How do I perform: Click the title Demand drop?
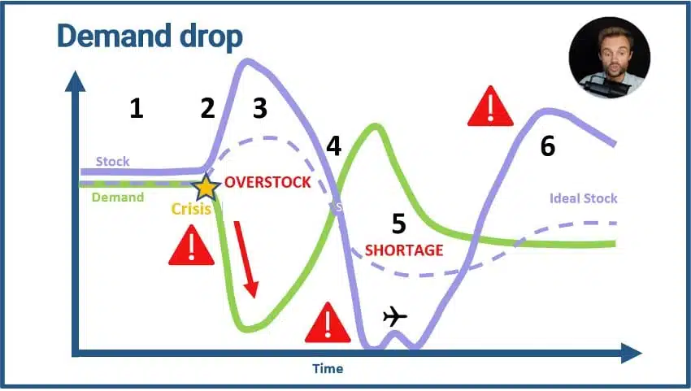(150, 37)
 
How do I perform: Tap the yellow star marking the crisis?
(206, 188)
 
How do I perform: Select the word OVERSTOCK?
(267, 182)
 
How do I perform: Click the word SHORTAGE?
(404, 250)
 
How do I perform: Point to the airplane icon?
(395, 316)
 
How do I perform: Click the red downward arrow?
(246, 259)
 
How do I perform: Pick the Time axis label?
(328, 368)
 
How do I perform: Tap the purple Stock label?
(113, 161)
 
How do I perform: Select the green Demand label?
(118, 197)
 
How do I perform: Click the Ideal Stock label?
(583, 198)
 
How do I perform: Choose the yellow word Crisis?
(191, 208)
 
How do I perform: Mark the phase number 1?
(137, 108)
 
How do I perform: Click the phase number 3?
(260, 108)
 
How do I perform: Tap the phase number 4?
(333, 146)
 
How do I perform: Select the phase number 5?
(399, 224)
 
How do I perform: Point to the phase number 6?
(548, 146)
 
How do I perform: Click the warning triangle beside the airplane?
(328, 324)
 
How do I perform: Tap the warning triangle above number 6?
(490, 106)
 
